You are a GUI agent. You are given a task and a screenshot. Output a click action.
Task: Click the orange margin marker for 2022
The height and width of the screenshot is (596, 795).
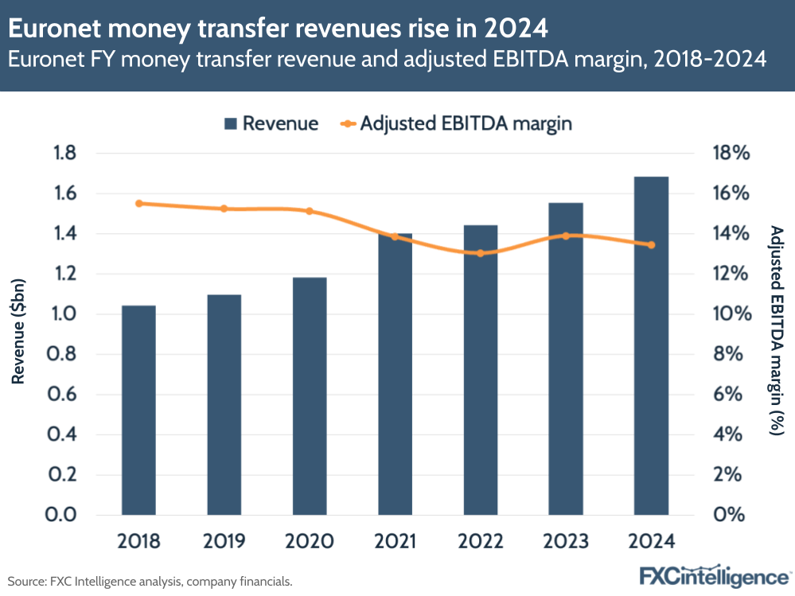pos(480,253)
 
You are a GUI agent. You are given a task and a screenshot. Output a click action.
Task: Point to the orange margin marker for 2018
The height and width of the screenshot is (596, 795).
pos(138,204)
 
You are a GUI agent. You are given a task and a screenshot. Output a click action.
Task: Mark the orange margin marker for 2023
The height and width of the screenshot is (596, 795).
pos(566,236)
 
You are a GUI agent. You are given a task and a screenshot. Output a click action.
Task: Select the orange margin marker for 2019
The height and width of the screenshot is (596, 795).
pos(224,209)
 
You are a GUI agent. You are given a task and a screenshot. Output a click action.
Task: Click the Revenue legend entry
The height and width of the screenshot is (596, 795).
pos(271,123)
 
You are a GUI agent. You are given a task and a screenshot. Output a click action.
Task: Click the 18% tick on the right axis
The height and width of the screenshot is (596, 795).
pos(730,154)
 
